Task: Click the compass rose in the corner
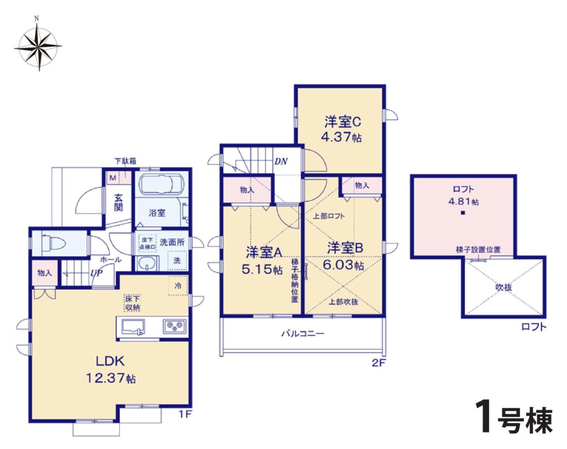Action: (38, 47)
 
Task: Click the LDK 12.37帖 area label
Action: (111, 369)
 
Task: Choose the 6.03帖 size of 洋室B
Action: (343, 265)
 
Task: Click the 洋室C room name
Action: (342, 122)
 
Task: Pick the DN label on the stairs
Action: (281, 161)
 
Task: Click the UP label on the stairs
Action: (96, 273)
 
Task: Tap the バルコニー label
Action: (303, 334)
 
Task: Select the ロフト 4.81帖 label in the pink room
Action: (463, 195)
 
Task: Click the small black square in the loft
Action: (463, 213)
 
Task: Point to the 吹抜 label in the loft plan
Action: (503, 288)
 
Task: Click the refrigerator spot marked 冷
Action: (178, 285)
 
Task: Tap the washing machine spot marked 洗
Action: (177, 261)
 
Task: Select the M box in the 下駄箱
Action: (113, 178)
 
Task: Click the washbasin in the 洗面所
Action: (147, 263)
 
